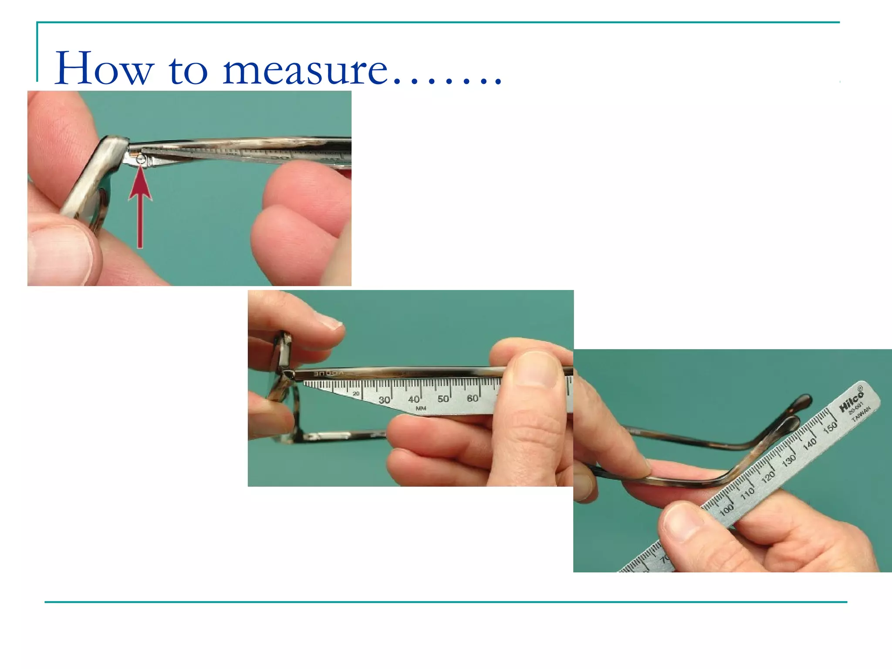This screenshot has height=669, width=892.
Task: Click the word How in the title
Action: pos(105,69)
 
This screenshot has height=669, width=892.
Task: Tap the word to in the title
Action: pos(188,71)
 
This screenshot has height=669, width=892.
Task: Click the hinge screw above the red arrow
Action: pos(140,160)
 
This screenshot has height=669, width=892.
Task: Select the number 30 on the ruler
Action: pos(384,400)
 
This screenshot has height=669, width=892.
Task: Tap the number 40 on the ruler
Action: pos(414,399)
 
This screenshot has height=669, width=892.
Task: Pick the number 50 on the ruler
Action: pos(443,399)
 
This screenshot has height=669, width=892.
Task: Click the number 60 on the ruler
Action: pos(473,398)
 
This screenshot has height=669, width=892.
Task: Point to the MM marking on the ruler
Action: pos(421,409)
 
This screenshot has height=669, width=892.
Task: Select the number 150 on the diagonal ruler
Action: pos(830,427)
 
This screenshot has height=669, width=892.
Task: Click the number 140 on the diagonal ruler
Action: pos(810,444)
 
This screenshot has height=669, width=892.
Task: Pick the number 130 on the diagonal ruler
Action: pos(789,460)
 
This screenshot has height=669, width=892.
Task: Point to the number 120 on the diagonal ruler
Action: pos(768,476)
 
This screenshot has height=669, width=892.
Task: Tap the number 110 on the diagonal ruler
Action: pos(747,493)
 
